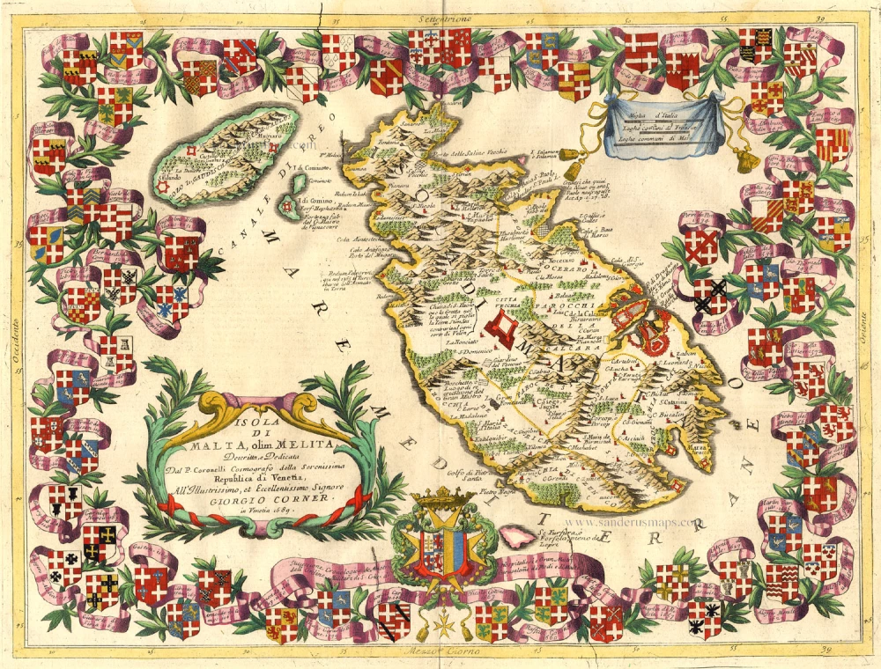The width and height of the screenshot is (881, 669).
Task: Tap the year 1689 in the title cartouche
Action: coord(265,510)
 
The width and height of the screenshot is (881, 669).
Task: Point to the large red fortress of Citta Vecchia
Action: coord(501,331)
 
